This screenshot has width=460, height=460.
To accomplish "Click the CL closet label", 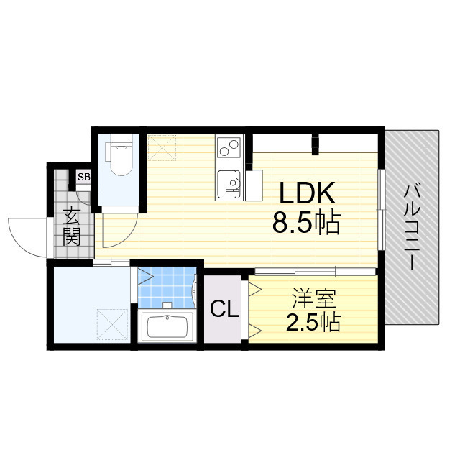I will point(224,310).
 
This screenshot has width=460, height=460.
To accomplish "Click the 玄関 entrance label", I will point(70,226).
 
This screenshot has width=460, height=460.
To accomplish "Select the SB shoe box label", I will point(83,177).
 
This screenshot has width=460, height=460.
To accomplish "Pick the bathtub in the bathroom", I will point(167,328).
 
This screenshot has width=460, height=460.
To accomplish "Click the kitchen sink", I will point(230,184).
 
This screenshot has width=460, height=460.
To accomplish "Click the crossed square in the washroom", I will point(113,323).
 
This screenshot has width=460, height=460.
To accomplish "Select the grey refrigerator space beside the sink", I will point(253,185).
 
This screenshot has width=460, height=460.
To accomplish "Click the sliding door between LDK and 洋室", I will point(314,271).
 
